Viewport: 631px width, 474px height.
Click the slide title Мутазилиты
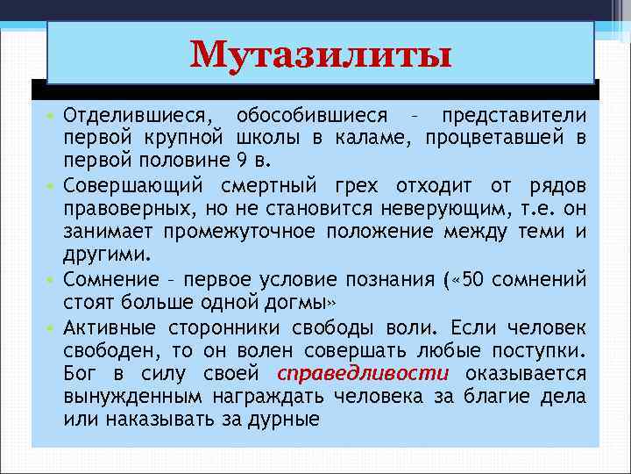coord(321,55)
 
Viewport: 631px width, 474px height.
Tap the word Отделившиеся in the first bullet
coord(139,117)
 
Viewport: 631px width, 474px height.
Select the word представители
coord(514,117)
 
